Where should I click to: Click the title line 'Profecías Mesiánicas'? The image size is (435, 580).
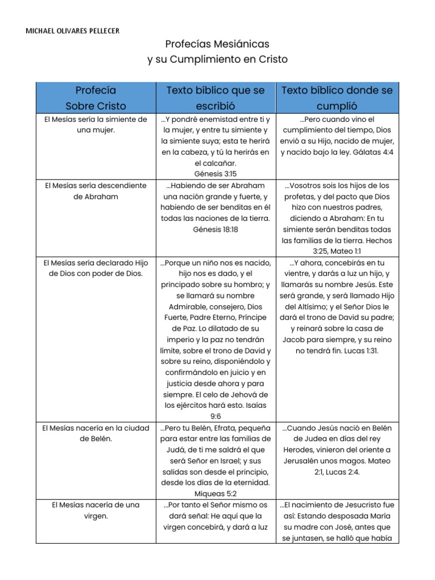point(217,44)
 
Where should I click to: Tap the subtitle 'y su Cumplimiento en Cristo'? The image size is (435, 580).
point(217,59)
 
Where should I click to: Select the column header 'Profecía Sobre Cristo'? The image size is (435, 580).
point(96,97)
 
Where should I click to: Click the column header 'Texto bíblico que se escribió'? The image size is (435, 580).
point(215,97)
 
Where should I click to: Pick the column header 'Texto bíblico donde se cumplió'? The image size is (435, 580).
point(337,97)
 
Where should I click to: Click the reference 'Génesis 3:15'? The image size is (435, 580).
point(215,173)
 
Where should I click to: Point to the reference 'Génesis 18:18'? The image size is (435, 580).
point(215,229)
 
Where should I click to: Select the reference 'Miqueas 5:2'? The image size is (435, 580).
point(215,493)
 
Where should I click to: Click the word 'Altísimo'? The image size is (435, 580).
point(305,306)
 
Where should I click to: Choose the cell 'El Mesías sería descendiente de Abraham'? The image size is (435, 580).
point(96,190)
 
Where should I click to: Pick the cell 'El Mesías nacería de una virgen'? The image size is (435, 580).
point(96,510)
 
